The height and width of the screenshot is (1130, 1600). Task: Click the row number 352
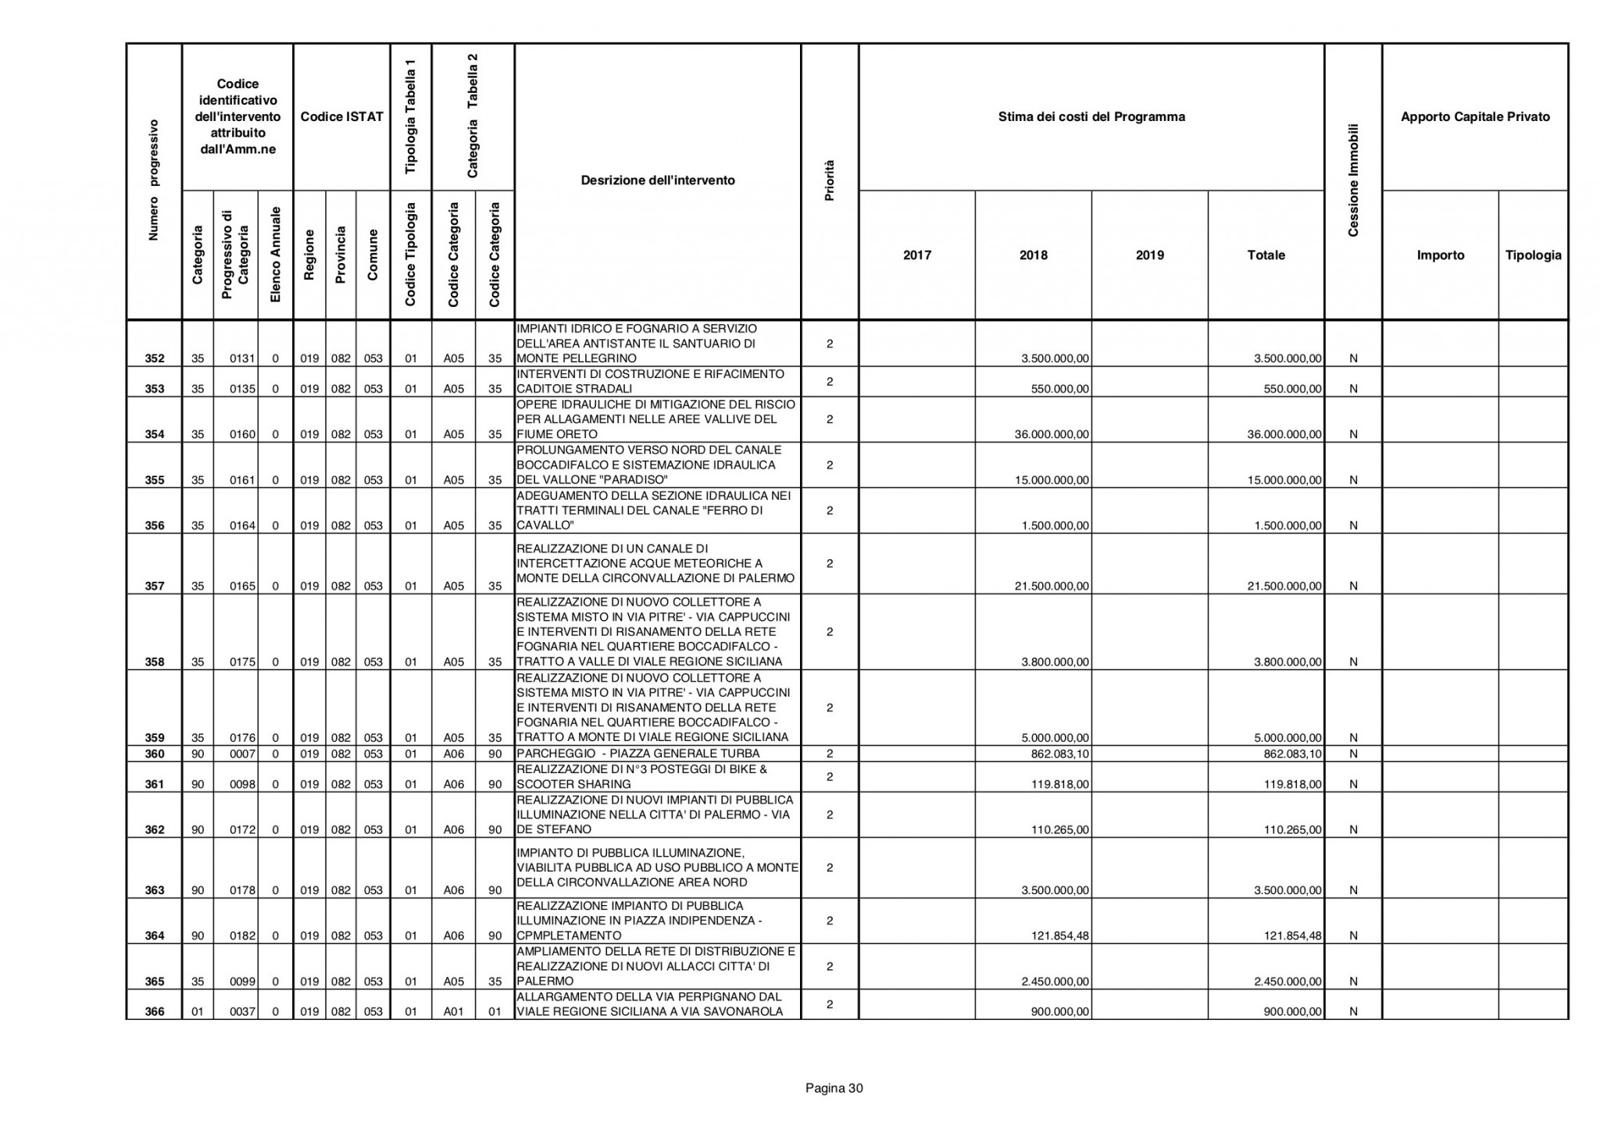pyautogui.click(x=155, y=359)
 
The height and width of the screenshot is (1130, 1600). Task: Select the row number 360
pyautogui.click(x=155, y=754)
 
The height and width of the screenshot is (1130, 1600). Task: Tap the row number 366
pyautogui.click(x=155, y=1012)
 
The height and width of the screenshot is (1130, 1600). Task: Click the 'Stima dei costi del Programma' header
pyautogui.click(x=1091, y=117)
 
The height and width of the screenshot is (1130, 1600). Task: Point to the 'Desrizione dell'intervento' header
pyautogui.click(x=658, y=180)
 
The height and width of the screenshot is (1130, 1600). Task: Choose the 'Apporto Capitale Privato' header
pyautogui.click(x=1475, y=117)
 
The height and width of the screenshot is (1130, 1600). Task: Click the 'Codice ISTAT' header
pyautogui.click(x=341, y=117)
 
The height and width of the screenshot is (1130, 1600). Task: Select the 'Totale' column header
pyautogui.click(x=1266, y=255)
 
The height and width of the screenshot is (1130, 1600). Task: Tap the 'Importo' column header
pyautogui.click(x=1440, y=255)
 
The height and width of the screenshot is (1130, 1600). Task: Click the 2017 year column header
pyautogui.click(x=916, y=255)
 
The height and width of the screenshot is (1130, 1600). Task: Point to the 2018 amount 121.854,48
pyautogui.click(x=1055, y=936)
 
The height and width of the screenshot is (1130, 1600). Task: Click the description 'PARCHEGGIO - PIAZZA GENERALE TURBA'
pyautogui.click(x=638, y=754)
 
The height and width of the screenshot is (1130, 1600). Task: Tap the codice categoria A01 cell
pyautogui.click(x=454, y=1012)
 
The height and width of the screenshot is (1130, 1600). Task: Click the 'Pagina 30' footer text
pyautogui.click(x=834, y=1089)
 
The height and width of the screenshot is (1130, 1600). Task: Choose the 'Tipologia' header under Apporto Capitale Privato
pyautogui.click(x=1533, y=255)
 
